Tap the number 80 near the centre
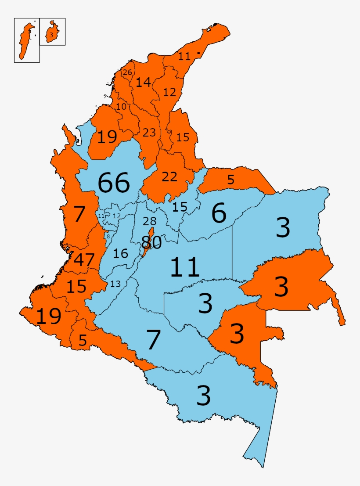151,242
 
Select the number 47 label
84,260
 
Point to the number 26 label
127,72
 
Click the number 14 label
143,82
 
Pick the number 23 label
149,132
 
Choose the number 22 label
169,177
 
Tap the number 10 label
121,106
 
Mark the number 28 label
150,222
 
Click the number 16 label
120,253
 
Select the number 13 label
115,284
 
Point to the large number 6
219,213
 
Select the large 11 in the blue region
185,267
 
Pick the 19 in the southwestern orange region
48,316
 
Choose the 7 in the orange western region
79,215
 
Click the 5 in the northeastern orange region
230,179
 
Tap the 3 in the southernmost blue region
203,396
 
